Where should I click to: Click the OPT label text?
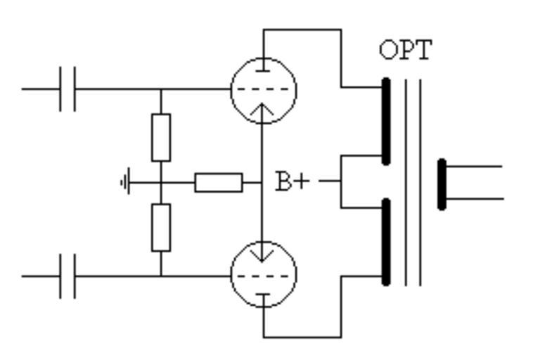(406, 49)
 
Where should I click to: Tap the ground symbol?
(125, 183)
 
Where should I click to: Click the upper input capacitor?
(67, 89)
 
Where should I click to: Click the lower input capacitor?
(67, 276)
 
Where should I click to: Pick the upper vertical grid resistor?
(161, 137)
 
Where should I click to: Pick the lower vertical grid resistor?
(161, 227)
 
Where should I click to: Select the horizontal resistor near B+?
(219, 183)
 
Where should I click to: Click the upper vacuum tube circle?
(264, 90)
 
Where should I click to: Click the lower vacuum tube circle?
(264, 274)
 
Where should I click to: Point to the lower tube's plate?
(264, 296)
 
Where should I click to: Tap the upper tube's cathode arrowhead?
(264, 109)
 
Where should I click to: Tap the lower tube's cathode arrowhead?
(264, 255)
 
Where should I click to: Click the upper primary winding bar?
(385, 121)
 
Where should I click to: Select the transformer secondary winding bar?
(442, 184)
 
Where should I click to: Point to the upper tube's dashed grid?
(264, 89)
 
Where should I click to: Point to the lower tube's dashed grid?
(264, 276)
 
